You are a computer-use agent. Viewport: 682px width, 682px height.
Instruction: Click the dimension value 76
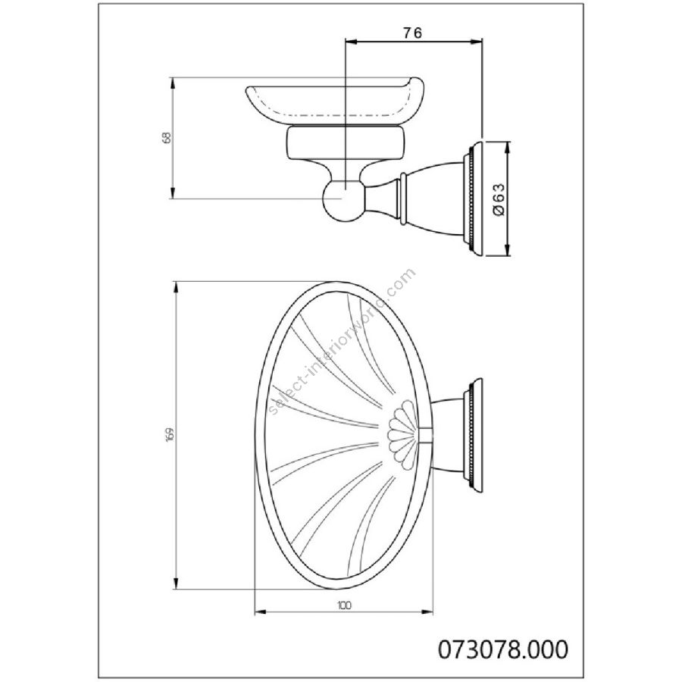click(412, 33)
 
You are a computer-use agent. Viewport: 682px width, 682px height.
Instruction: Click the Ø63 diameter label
click(499, 199)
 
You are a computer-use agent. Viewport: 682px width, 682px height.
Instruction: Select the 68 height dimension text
click(166, 137)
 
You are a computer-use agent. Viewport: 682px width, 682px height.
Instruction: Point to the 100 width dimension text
click(343, 605)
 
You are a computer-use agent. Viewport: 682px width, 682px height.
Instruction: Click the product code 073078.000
click(503, 649)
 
